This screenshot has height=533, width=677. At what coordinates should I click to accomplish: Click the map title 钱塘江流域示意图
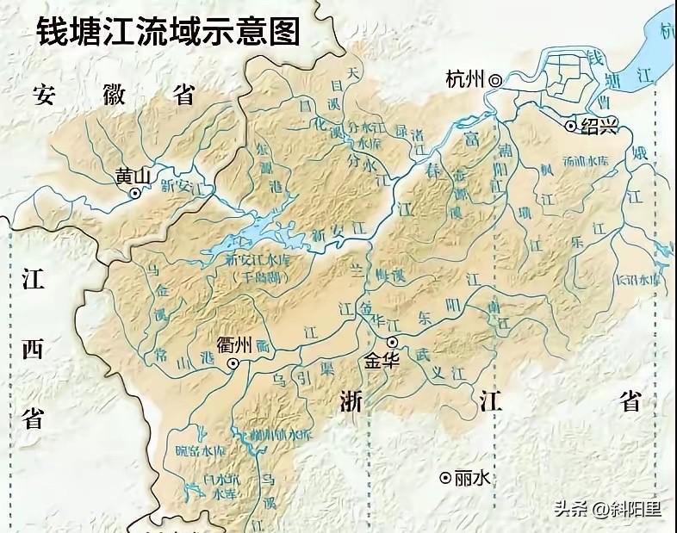tap(168, 32)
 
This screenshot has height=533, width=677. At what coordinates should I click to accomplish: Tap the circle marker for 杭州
tap(495, 80)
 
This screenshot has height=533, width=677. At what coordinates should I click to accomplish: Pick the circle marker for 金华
tap(391, 342)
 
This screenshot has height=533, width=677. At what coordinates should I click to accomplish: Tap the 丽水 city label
tap(473, 477)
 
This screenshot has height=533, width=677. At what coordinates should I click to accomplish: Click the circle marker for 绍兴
tap(570, 126)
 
